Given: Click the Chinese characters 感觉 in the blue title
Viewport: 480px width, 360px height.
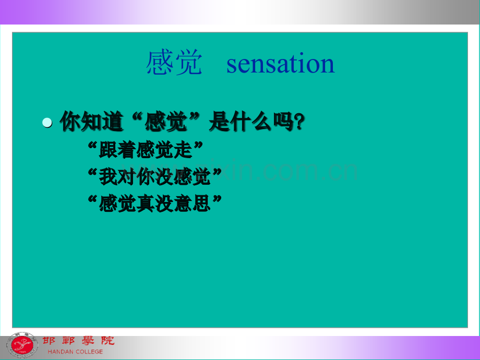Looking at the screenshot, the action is [174, 63].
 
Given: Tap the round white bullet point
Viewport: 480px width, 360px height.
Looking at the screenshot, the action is [47, 123].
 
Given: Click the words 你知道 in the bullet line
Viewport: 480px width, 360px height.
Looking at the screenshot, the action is [91, 122].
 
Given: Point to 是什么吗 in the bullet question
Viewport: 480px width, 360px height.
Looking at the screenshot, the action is [251, 122].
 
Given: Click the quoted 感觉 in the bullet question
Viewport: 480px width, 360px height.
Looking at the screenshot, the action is [165, 122].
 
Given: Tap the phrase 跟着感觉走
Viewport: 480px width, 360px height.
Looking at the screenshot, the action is [146, 150].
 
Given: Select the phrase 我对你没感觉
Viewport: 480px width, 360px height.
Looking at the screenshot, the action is [155, 177].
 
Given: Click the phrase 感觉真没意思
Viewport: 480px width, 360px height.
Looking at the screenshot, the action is [155, 203].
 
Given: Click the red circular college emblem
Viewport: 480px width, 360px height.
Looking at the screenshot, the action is [22, 345].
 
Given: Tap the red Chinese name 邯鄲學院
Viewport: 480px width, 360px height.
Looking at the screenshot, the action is [78, 340].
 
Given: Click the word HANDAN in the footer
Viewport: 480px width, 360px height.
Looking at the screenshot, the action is [61, 352].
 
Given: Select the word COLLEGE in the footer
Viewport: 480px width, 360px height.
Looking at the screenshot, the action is [89, 352].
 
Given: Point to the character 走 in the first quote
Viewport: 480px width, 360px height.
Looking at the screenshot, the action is [183, 150].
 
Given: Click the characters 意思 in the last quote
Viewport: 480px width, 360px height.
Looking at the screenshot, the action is [193, 203].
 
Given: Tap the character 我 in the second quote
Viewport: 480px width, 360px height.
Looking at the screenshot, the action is [108, 177].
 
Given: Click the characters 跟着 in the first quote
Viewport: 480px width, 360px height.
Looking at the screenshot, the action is [117, 150].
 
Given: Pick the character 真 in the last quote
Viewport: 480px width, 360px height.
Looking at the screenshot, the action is [146, 203].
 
